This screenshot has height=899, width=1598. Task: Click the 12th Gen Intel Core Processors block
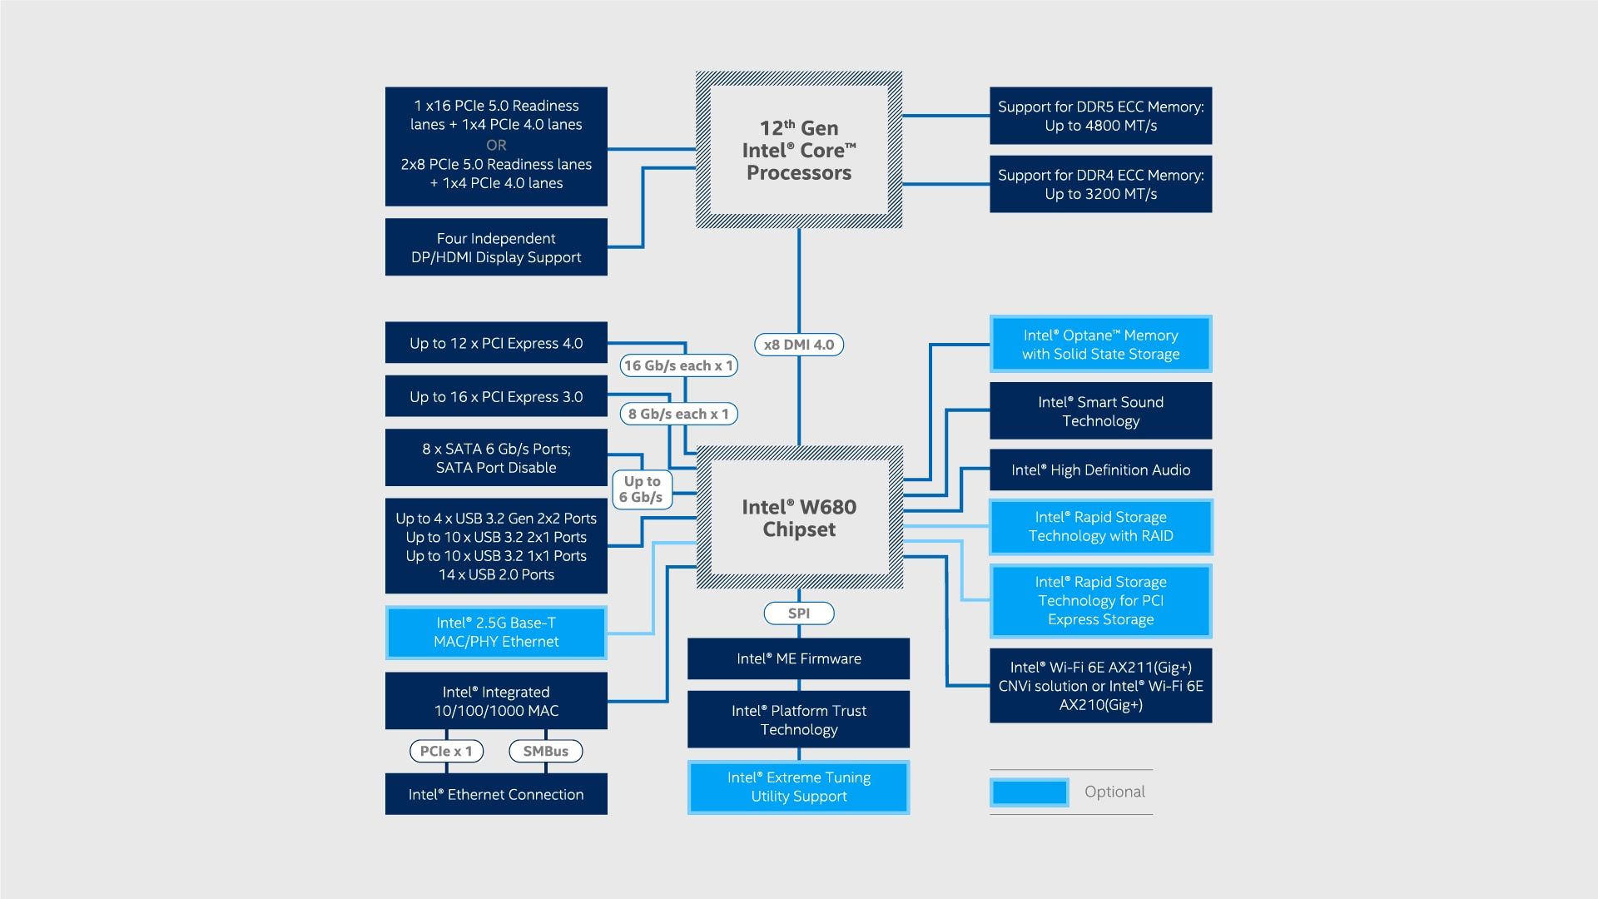(x=799, y=150)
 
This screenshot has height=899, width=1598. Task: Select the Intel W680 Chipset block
(x=799, y=518)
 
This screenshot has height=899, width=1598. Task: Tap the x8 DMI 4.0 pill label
(x=799, y=345)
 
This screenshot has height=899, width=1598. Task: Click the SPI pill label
(x=799, y=613)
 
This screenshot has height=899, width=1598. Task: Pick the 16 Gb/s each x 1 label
(x=678, y=365)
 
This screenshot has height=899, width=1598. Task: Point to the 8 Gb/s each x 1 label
(x=678, y=414)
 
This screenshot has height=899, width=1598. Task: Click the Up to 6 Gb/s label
(x=641, y=489)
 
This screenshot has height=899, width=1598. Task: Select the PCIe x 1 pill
(x=446, y=751)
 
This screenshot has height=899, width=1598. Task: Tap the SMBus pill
(x=545, y=751)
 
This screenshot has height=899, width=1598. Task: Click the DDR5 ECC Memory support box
(x=1100, y=116)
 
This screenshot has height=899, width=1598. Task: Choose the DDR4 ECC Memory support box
(x=1100, y=184)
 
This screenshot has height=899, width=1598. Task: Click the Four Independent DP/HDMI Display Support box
(x=496, y=247)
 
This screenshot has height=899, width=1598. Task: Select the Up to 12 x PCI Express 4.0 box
(x=496, y=343)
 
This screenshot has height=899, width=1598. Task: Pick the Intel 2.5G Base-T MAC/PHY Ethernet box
(x=496, y=633)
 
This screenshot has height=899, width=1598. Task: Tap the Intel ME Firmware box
(x=799, y=658)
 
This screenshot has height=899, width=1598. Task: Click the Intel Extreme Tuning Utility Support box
(x=799, y=787)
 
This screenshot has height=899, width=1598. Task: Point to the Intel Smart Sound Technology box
(x=1100, y=411)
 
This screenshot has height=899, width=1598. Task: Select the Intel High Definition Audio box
(x=1100, y=470)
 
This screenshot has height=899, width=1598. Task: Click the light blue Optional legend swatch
(x=1030, y=792)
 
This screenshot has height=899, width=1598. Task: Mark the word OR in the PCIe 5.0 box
(x=496, y=145)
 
